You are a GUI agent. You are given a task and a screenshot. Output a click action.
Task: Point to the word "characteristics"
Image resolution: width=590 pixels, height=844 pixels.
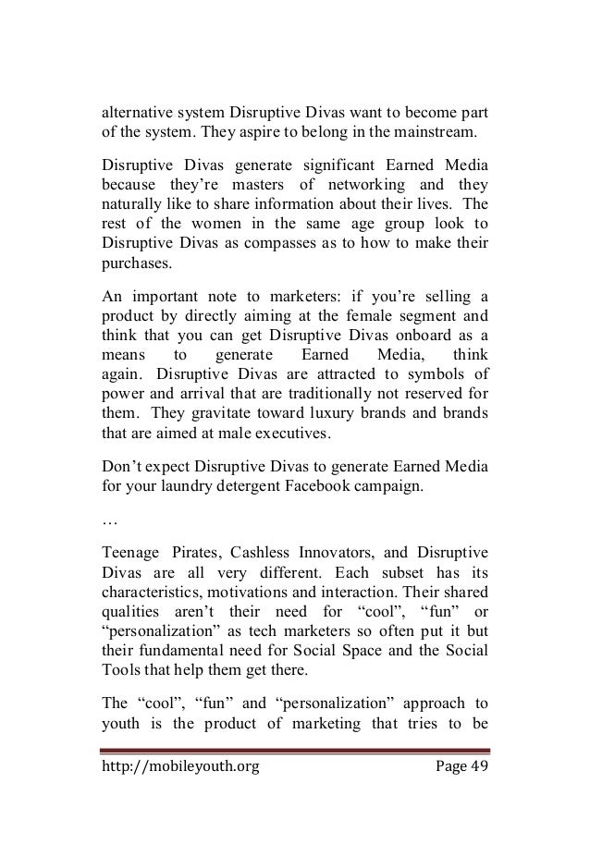[x=160, y=601]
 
